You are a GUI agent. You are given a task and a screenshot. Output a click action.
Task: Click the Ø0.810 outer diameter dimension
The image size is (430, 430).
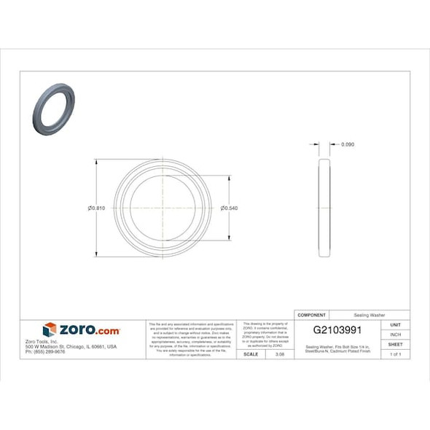coord(97,208)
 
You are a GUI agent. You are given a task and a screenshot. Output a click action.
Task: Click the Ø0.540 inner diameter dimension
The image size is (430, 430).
coord(230,208)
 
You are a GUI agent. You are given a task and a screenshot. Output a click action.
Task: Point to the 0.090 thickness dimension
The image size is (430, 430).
coord(348,144)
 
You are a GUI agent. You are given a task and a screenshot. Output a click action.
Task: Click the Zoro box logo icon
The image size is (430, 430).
coord(50,330)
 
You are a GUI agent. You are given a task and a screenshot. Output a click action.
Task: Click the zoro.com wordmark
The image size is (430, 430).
coord(89,330)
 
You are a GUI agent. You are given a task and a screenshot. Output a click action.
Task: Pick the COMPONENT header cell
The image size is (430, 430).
coord(312,314)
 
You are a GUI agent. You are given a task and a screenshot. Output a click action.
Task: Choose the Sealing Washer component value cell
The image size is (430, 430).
coord(370,314)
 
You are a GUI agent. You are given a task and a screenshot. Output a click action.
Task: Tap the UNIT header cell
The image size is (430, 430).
coord(396,324)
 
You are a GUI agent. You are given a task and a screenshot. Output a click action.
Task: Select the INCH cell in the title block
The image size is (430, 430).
coord(396,335)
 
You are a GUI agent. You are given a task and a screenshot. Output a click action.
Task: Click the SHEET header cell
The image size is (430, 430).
coord(396,344)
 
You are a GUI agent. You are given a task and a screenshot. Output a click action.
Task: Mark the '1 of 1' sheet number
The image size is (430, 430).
coord(396,354)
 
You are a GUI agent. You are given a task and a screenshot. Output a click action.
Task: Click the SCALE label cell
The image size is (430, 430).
coord(250,354)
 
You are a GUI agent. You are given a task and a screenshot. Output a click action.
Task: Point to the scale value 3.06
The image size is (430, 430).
coord(279,354)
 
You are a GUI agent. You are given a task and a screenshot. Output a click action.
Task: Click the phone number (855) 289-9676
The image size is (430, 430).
coord(45,352)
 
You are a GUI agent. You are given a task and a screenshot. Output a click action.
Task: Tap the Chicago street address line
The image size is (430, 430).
coord(71,347)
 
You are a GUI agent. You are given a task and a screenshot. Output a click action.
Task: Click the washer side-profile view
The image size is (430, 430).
coord(324,209)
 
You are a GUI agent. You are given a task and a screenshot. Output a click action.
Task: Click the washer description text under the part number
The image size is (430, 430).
coord(337,348)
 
